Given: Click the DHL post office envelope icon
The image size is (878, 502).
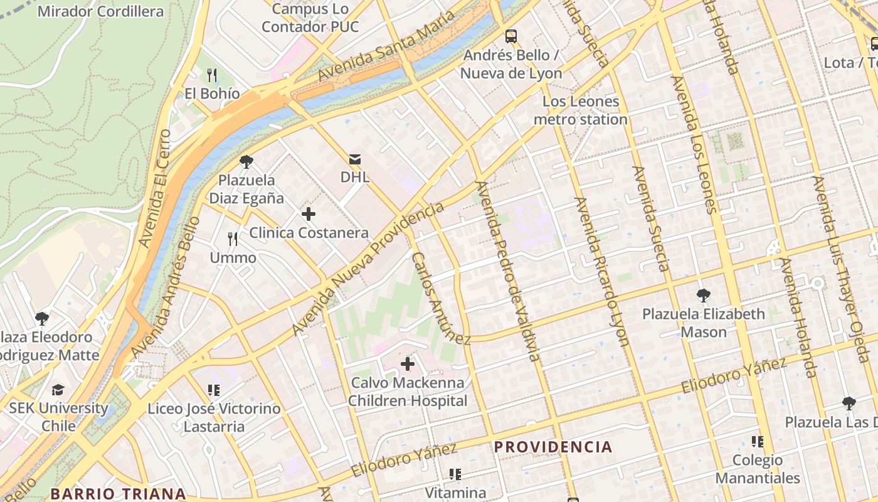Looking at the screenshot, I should [x=355, y=158].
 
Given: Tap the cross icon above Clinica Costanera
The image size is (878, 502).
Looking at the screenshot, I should [x=308, y=214].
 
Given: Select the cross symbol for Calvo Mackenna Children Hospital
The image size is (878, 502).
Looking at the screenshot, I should [x=408, y=363].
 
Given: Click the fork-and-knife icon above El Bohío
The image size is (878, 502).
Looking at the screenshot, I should [x=212, y=75].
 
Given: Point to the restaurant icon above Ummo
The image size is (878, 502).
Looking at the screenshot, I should [x=233, y=239].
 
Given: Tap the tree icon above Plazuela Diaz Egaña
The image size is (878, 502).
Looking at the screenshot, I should [x=246, y=162].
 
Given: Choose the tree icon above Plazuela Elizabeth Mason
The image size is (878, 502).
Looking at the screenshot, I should [x=704, y=295].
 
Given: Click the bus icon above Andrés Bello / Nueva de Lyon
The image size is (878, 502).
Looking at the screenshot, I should [x=511, y=36].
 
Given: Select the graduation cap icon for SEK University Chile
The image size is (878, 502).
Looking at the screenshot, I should [x=58, y=390].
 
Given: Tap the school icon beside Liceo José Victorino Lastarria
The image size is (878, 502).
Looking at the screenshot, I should [x=214, y=390].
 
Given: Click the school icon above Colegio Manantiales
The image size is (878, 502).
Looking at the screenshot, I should [x=758, y=442].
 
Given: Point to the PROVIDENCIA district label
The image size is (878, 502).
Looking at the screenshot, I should [x=553, y=447].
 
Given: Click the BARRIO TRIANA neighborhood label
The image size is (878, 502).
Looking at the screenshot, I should [x=118, y=493].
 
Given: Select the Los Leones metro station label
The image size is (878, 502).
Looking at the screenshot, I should [x=581, y=110].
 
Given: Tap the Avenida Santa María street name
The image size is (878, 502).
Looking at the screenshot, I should [x=386, y=46].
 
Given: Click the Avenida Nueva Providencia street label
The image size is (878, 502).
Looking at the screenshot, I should [x=369, y=269].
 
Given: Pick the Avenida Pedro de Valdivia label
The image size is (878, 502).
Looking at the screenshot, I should [x=509, y=271].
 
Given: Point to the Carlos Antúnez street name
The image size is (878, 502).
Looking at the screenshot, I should [x=441, y=299].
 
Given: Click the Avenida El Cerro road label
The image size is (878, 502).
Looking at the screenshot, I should [x=155, y=188].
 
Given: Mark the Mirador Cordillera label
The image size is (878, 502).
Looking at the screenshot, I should [x=101, y=11].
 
